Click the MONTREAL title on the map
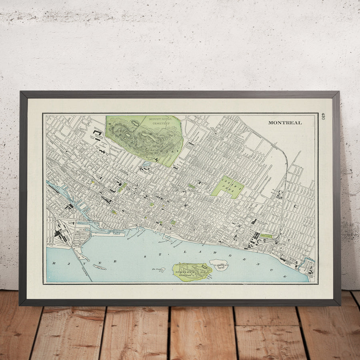285,123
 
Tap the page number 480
323,116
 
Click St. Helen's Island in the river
192,271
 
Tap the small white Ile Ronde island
219,265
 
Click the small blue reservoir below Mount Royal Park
146,164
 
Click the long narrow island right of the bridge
100,267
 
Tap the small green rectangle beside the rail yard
266,236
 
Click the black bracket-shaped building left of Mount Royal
98,132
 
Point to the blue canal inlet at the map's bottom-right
309,262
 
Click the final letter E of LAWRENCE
285,276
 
